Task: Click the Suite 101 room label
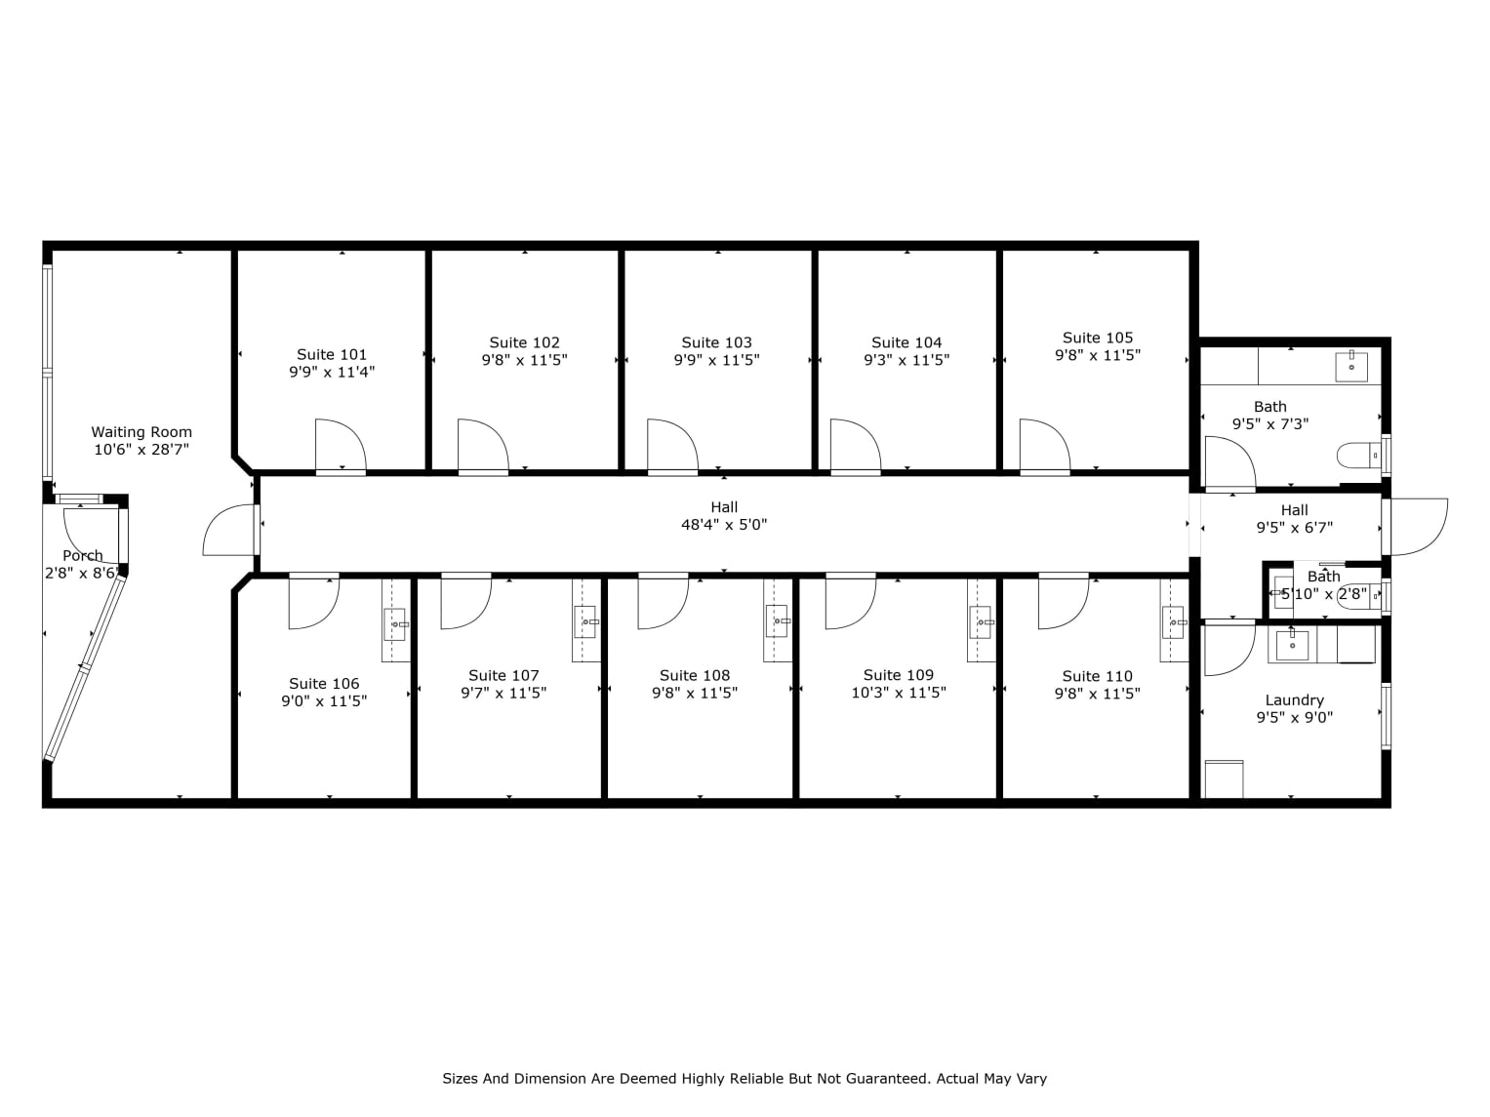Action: (332, 355)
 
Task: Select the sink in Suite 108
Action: (778, 620)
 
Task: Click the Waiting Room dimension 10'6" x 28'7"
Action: (141, 450)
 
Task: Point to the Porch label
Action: (83, 556)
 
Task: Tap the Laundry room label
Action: (1294, 700)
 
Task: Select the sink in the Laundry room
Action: (1292, 644)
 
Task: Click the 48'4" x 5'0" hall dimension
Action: (724, 525)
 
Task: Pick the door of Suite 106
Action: (312, 602)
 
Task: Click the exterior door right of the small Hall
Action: (1417, 528)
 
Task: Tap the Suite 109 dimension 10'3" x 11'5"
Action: (899, 693)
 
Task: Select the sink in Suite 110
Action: (1173, 621)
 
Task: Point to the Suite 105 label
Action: (1098, 339)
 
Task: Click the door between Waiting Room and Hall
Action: (230, 531)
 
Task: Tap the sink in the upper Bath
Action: (1351, 366)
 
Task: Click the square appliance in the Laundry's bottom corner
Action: (1224, 779)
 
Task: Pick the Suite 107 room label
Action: (503, 675)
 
